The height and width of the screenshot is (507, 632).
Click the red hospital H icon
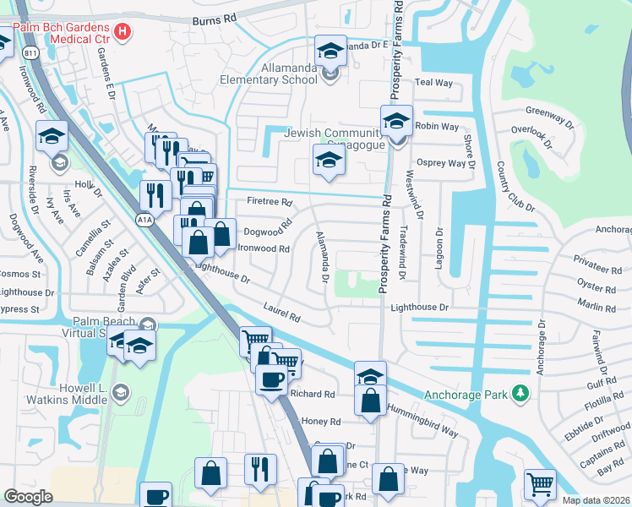(x=124, y=33)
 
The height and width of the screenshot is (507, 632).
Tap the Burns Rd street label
(x=215, y=19)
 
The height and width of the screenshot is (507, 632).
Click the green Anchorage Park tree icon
(x=522, y=393)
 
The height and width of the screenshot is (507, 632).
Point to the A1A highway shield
(x=145, y=221)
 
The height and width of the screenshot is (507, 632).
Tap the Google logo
(x=28, y=497)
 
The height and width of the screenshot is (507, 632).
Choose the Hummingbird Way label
(x=422, y=419)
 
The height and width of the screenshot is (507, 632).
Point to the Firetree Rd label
(x=269, y=203)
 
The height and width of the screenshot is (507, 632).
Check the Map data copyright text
(x=596, y=500)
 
